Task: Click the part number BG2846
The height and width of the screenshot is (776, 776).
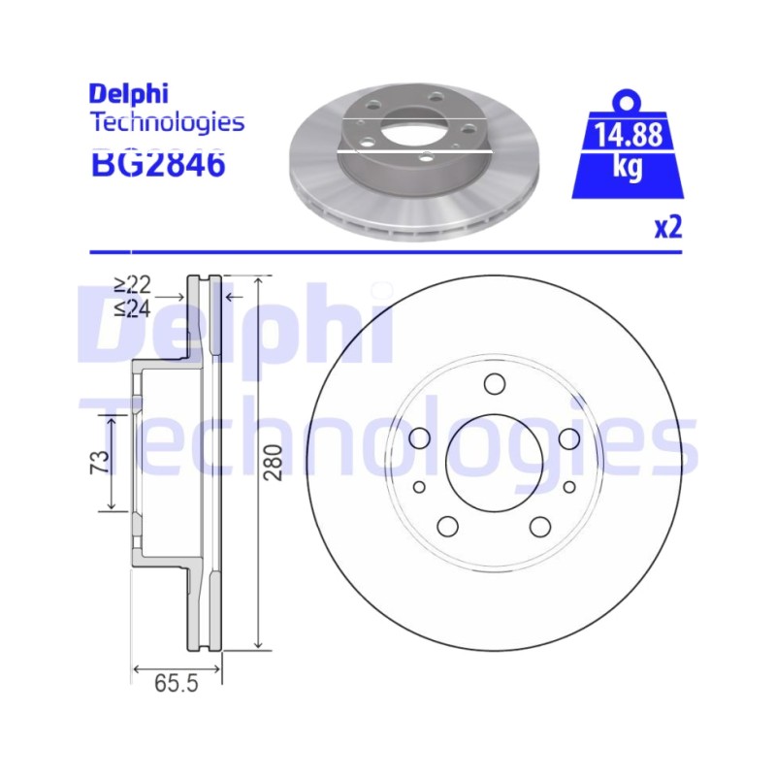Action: (x=158, y=164)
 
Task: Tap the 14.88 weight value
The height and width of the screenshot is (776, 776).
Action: (x=628, y=135)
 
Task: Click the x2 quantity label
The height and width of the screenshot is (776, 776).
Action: (x=668, y=228)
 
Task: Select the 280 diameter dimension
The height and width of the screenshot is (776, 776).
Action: (x=273, y=463)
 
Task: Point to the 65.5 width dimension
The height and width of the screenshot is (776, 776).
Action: (x=177, y=684)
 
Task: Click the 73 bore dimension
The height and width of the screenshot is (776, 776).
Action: (x=100, y=463)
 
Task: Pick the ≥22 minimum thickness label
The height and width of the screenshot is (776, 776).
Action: (x=132, y=285)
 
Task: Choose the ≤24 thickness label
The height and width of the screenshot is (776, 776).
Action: (x=132, y=308)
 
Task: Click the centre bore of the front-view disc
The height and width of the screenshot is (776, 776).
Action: (x=495, y=463)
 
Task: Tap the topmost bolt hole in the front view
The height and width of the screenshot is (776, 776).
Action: (x=495, y=384)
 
